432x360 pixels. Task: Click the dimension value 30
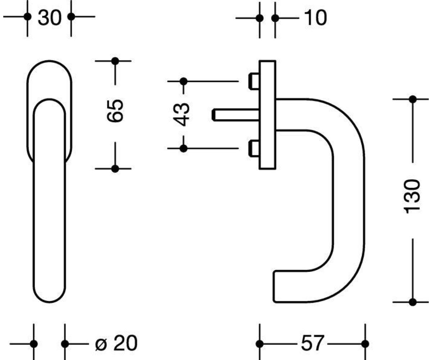[x=50, y=18]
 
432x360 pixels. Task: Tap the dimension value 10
[x=315, y=18]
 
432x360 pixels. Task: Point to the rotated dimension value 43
[x=181, y=114]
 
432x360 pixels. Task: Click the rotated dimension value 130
[x=412, y=196]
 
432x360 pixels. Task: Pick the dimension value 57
[x=312, y=344]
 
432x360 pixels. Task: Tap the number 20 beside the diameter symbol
[x=126, y=343]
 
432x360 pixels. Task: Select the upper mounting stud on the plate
[x=254, y=81]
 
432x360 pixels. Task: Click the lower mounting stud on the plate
[x=254, y=148]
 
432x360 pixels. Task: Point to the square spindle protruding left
[x=236, y=114]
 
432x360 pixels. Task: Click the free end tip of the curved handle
[x=274, y=287]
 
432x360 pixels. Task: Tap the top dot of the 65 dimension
[x=115, y=61]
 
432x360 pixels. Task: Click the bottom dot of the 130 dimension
[x=413, y=302]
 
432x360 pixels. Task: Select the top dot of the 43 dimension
[x=184, y=81]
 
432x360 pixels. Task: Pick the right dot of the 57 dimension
[x=365, y=344]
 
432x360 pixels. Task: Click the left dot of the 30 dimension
[x=27, y=17]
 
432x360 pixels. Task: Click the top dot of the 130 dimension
[x=413, y=99]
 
